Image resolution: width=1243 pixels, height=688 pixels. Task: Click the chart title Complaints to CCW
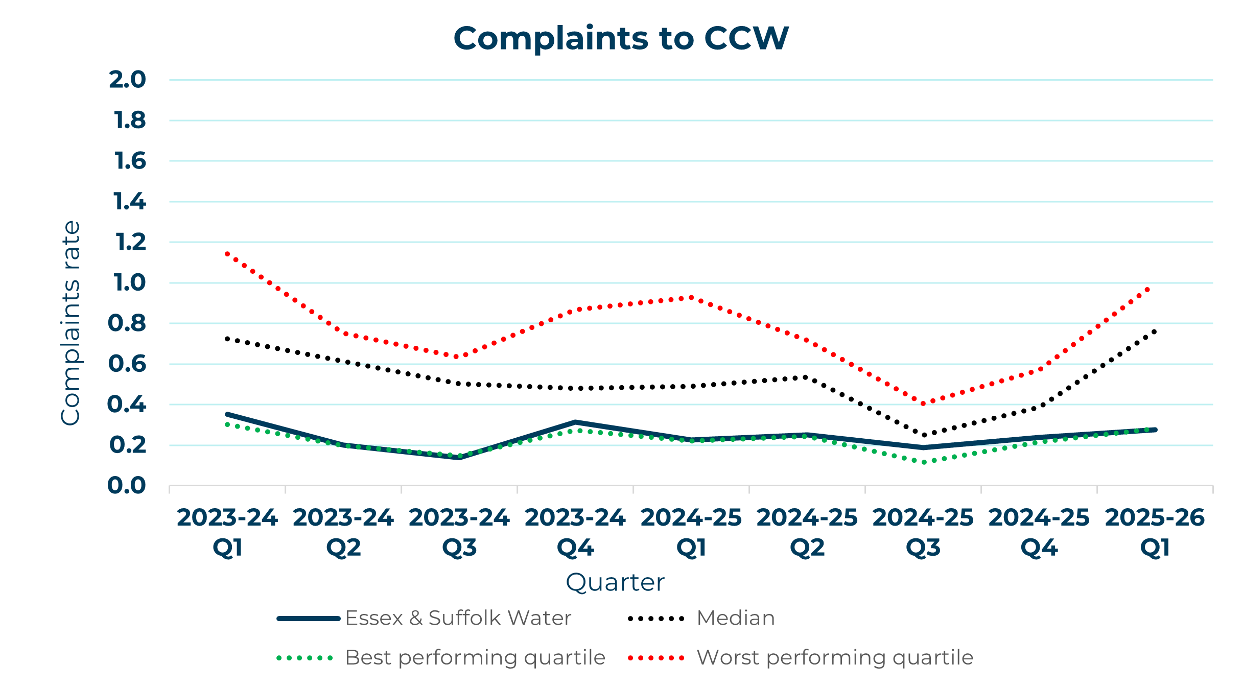click(621, 38)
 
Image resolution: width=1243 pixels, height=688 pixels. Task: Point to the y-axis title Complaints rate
click(71, 323)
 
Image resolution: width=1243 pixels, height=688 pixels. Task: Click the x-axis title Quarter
click(615, 582)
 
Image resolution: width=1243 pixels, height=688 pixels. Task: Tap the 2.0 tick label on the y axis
click(127, 80)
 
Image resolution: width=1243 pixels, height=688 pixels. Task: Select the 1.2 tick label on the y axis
click(130, 242)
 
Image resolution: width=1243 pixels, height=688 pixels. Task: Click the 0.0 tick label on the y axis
click(127, 485)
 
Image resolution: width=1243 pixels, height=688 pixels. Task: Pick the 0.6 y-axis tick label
click(127, 364)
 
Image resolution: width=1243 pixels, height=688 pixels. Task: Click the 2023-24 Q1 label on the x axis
click(227, 532)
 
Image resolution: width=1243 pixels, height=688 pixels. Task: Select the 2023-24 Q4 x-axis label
click(575, 532)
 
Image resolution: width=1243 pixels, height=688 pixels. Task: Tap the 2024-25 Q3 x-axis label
click(923, 532)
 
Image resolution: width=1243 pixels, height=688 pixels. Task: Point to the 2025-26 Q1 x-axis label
click(1155, 532)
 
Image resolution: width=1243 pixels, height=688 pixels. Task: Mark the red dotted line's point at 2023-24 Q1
click(227, 253)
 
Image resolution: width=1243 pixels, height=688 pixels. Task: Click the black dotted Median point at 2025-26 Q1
click(1155, 331)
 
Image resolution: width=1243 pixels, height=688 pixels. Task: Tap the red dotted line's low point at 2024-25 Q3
click(923, 404)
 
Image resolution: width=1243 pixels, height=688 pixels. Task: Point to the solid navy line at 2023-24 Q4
click(575, 422)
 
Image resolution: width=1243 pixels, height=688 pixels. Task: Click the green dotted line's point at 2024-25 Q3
click(923, 462)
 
